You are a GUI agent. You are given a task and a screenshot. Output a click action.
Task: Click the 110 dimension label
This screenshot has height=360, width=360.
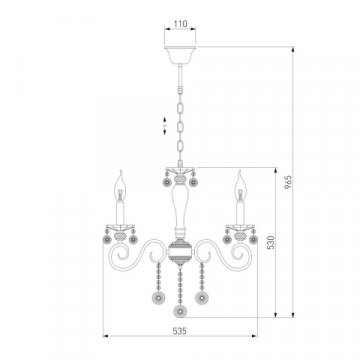(180, 24)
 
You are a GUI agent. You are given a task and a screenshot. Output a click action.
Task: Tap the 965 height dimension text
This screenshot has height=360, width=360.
(288, 182)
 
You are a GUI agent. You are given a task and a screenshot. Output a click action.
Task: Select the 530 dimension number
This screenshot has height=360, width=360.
(271, 242)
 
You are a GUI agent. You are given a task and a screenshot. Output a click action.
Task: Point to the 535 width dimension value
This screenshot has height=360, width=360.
(180, 331)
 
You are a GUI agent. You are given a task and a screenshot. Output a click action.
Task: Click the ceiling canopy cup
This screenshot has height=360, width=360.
(180, 55)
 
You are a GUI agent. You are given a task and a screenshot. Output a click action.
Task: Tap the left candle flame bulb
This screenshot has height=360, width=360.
(120, 186)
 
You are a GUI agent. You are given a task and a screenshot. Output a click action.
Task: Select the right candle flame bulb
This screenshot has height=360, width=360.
(240, 186)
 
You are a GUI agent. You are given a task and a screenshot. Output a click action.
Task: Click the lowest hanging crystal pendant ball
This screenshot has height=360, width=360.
(180, 312)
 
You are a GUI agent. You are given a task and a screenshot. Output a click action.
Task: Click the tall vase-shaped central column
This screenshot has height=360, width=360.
(180, 208)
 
